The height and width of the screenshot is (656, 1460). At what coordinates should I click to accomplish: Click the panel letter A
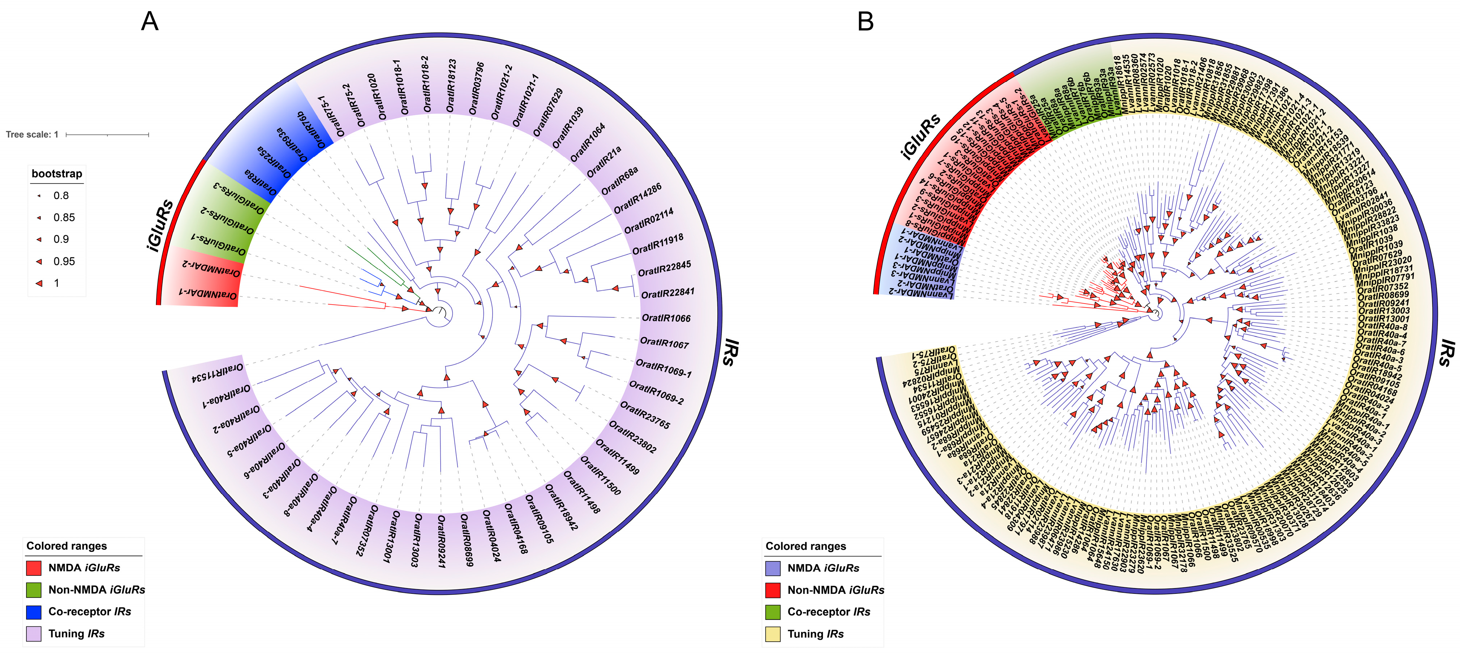point(150,22)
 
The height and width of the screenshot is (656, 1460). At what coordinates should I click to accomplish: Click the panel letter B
point(866,22)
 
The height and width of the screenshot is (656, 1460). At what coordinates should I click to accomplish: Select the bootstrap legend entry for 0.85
point(64,218)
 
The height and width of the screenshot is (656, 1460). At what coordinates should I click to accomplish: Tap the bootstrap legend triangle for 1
point(39,283)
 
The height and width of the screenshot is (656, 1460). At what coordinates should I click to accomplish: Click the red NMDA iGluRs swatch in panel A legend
point(34,567)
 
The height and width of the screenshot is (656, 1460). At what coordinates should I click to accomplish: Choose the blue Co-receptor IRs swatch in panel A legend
point(34,612)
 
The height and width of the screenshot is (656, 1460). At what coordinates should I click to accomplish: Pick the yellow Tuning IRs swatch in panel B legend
point(773,634)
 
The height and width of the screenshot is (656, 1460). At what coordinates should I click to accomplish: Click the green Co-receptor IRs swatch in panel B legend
point(773,612)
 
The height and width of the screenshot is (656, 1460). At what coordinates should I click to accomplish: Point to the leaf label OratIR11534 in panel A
point(218,373)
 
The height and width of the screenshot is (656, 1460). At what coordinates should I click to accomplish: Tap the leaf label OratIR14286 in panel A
point(637,198)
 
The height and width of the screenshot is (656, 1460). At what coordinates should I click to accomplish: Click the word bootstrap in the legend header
point(57,173)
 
